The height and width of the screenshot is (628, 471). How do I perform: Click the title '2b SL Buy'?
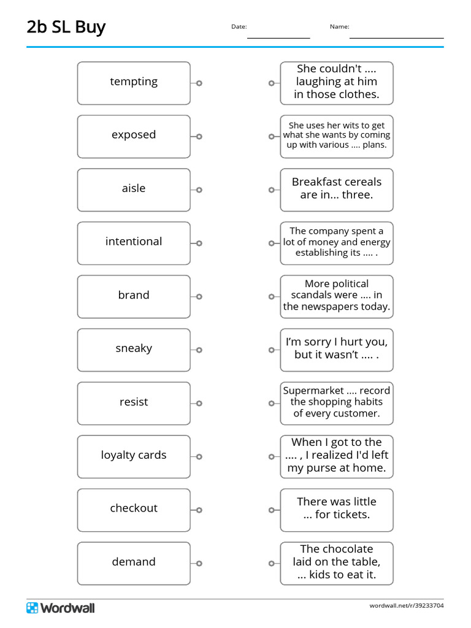[x=66, y=27]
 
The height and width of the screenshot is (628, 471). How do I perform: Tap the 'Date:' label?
[x=239, y=26]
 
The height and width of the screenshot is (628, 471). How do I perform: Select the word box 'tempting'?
[x=134, y=82]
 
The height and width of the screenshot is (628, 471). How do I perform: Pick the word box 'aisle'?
[x=134, y=189]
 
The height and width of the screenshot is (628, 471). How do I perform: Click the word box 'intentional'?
[x=134, y=242]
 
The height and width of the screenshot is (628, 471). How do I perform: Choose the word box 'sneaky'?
[x=134, y=349]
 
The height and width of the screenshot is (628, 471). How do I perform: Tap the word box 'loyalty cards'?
[x=134, y=456]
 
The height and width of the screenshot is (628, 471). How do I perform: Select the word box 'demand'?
[x=134, y=562]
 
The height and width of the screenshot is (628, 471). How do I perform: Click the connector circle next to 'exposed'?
[x=199, y=136]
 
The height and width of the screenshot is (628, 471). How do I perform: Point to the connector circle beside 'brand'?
[x=199, y=297]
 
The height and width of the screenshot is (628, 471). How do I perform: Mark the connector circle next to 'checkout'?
[x=199, y=510]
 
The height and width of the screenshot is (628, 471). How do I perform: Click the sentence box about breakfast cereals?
[x=337, y=189]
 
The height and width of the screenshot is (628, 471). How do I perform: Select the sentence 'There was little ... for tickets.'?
[x=337, y=509]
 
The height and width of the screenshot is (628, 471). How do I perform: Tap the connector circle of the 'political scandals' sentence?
[x=271, y=297]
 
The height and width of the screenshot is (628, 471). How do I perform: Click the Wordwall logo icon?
[x=32, y=608]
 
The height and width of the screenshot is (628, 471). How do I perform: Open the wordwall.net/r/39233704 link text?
[x=406, y=606]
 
